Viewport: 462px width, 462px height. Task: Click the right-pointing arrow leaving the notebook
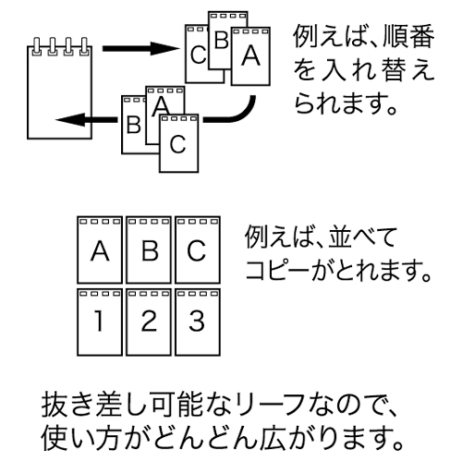pyautogui.click(x=140, y=48)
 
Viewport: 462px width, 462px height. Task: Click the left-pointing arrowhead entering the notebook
pyautogui.click(x=70, y=119)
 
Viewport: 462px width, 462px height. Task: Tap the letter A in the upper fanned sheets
pyautogui.click(x=250, y=55)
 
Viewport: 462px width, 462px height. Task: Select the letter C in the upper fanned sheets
pyautogui.click(x=198, y=55)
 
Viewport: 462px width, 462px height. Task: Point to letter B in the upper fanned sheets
pyautogui.click(x=221, y=40)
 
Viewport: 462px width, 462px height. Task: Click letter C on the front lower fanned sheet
pyautogui.click(x=178, y=144)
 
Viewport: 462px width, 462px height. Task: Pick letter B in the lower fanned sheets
pyautogui.click(x=134, y=125)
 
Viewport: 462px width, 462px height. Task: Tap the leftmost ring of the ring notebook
pyautogui.click(x=37, y=46)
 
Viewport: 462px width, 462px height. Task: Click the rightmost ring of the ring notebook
pyautogui.click(x=84, y=46)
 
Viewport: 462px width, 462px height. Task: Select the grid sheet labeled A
pyautogui.click(x=100, y=249)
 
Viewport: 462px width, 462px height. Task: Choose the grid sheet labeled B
pyautogui.click(x=149, y=249)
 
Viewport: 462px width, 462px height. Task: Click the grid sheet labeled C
pyautogui.click(x=198, y=249)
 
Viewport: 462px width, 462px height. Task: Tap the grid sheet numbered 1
pyautogui.click(x=100, y=322)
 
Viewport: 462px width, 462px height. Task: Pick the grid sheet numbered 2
pyautogui.click(x=149, y=322)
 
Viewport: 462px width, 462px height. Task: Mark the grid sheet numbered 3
pyautogui.click(x=198, y=322)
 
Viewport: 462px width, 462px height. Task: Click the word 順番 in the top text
pyautogui.click(x=408, y=36)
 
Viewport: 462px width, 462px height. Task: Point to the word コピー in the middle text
pyautogui.click(x=277, y=269)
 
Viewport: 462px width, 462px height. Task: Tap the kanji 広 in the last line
pyautogui.click(x=273, y=437)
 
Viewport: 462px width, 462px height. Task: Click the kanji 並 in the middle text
pyautogui.click(x=340, y=237)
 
